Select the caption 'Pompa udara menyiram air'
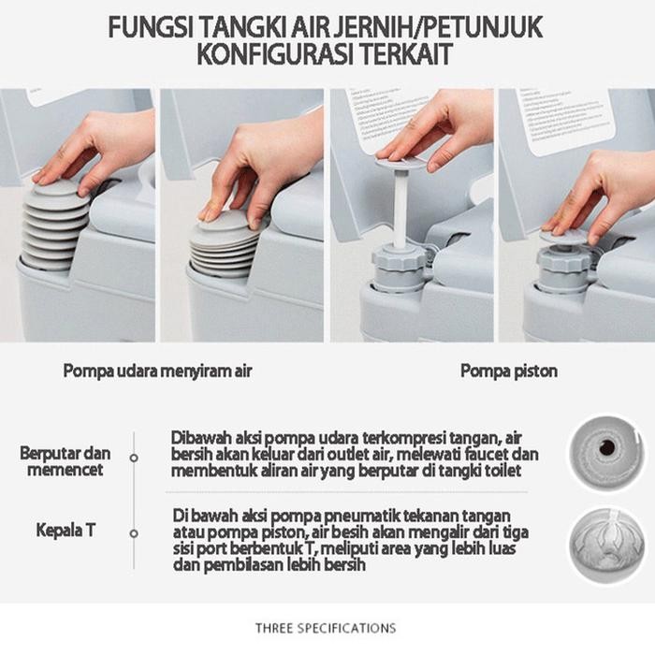click(157, 371)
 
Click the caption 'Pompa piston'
click(508, 371)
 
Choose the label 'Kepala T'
click(65, 531)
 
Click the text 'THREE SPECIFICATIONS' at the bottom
click(325, 628)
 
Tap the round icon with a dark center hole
click(606, 447)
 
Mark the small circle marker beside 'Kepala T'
click(134, 532)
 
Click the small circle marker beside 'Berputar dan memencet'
click(134, 458)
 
